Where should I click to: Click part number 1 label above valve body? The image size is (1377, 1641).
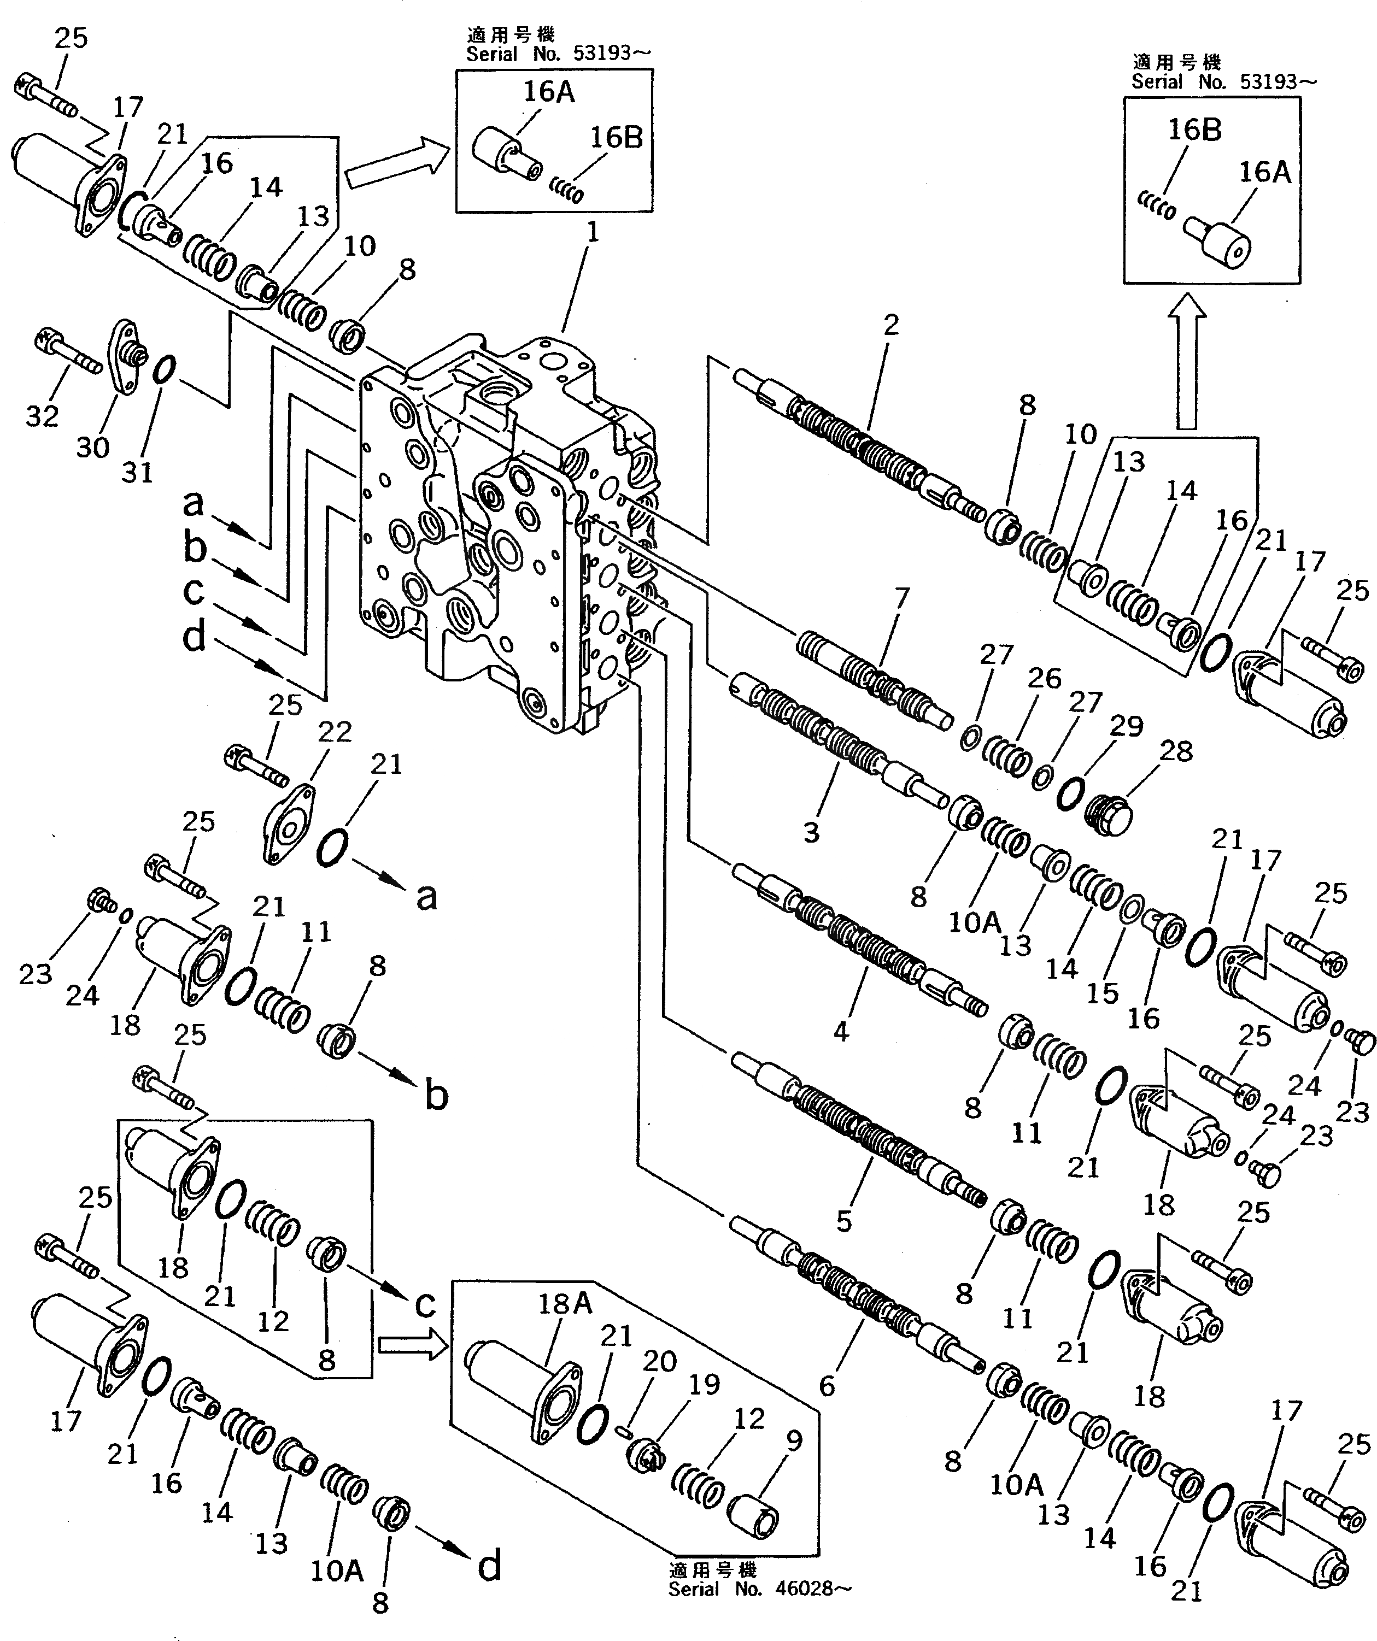tap(593, 232)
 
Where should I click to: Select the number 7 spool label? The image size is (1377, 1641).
tap(902, 598)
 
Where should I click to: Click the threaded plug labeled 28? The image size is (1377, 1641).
tap(1110, 816)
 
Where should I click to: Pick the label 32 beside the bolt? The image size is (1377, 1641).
tap(42, 416)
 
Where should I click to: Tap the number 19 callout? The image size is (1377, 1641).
tap(704, 1384)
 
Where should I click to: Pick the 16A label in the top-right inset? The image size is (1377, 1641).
tap(1264, 172)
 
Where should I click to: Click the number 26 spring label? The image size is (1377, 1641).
tap(1044, 678)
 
